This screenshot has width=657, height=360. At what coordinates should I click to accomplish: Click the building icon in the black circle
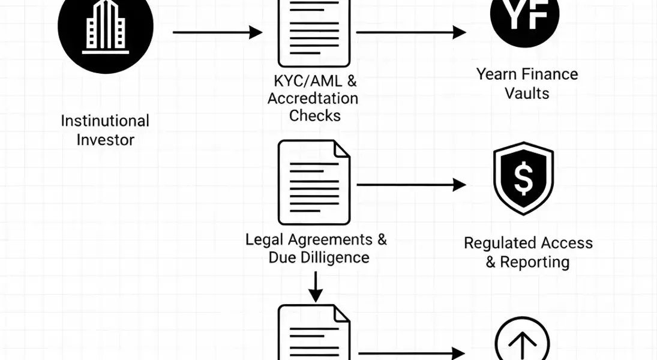pos(106,26)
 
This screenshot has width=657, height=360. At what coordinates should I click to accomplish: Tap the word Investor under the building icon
pos(106,140)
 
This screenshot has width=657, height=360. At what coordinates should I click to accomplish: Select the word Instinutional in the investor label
pos(105,121)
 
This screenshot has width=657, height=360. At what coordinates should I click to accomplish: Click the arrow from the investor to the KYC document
pos(217,32)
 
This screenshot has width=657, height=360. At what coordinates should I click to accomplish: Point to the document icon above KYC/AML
pos(314,33)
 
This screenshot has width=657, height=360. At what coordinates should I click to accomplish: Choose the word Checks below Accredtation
pos(314,116)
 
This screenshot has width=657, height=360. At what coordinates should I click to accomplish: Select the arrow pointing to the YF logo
pos(411,32)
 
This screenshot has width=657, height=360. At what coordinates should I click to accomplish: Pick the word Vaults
pos(527,93)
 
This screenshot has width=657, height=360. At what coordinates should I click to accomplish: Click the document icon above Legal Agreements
pos(314,182)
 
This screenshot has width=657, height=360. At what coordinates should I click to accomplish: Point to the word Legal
pos(265,239)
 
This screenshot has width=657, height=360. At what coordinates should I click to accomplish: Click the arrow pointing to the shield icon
pos(411,185)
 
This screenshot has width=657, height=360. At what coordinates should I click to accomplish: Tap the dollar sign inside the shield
pos(523,178)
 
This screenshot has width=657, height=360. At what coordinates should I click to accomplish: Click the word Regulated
pos(496,243)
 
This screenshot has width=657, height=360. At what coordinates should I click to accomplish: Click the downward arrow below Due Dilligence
pos(315,287)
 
